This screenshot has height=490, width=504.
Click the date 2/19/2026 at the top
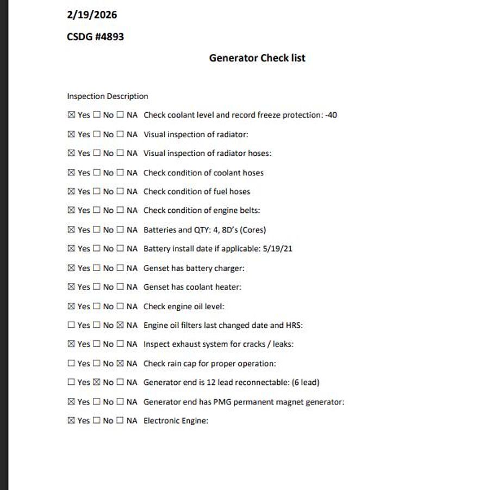91,15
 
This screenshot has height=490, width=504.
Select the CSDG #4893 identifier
95,37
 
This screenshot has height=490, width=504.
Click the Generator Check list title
257,58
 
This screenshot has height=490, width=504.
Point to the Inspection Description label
107,96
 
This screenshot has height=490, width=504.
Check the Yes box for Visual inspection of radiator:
71,134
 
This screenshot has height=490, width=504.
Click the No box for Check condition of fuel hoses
96,192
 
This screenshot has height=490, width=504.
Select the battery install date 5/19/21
278,249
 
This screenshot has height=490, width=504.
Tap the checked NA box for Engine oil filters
120,325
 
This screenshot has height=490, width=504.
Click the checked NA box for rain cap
120,363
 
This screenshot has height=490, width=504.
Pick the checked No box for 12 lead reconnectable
96,382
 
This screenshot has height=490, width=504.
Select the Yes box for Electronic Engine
71,420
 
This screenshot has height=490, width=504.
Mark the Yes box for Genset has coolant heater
71,287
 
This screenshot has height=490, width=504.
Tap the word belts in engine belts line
249,211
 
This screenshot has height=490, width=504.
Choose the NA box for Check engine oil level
120,306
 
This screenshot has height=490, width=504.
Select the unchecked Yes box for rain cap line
71,363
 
